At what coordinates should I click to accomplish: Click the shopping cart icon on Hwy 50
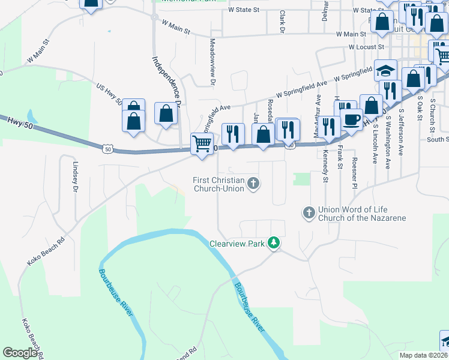click(x=202, y=143)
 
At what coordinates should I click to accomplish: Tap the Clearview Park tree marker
click(x=274, y=243)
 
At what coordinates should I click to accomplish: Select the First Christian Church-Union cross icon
click(x=253, y=183)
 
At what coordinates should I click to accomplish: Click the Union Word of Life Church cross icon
click(x=309, y=212)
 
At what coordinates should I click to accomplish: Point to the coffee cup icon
click(x=351, y=119)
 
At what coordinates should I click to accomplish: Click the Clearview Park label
click(x=237, y=244)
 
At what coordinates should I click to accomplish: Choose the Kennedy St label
click(x=326, y=168)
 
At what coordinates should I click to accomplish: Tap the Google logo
click(x=20, y=353)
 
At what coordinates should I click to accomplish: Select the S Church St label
click(x=432, y=113)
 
